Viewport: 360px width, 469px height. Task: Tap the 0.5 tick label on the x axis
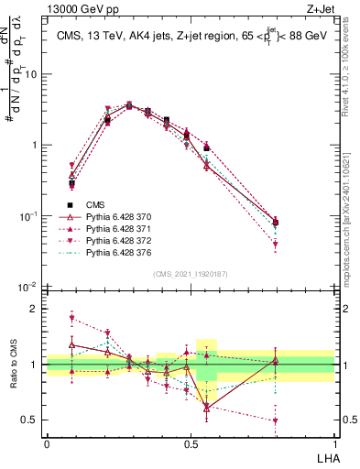pyautogui.click(x=191, y=442)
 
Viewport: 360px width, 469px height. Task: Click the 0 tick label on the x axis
pyautogui.click(x=47, y=442)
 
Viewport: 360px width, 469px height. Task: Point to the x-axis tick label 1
pyautogui.click(x=334, y=442)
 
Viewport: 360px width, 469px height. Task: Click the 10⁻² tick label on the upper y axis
pyautogui.click(x=30, y=287)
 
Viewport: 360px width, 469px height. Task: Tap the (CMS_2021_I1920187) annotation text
pyautogui.click(x=191, y=273)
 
